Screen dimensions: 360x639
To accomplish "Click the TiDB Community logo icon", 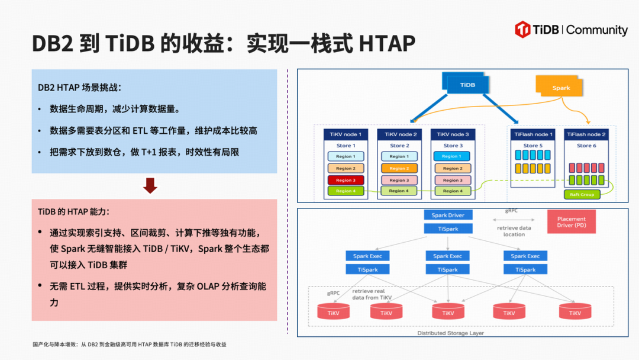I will point(522,30).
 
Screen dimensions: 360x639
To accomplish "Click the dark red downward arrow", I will point(150,185).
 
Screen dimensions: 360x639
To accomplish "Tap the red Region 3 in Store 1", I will point(346,180).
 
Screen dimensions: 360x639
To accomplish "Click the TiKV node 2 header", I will point(399,134).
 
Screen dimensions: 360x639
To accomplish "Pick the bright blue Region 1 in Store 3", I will point(451,156).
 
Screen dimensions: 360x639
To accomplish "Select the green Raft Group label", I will point(582,194).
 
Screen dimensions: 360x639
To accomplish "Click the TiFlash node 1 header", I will point(531,134).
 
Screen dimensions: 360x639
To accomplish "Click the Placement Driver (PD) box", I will point(572,222).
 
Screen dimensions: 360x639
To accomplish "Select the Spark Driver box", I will point(448,216).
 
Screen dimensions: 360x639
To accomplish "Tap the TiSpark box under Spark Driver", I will point(448,229).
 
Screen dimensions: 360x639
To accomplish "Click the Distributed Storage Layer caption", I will point(450,333).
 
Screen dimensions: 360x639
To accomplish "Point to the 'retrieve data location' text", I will point(514,231).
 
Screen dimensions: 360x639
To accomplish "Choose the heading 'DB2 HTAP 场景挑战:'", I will point(79,87).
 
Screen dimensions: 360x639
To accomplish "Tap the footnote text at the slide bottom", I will point(129,344).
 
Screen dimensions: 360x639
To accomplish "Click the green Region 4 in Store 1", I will point(346,191).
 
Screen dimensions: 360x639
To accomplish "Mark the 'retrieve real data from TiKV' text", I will point(372,294).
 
